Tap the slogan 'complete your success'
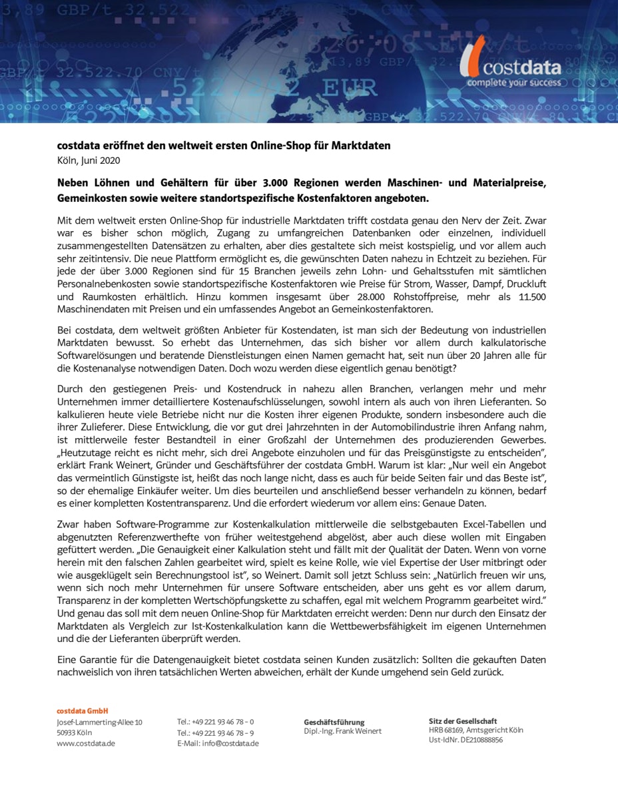(x=513, y=83)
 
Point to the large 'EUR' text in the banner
(x=351, y=88)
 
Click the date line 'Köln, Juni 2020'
(x=89, y=160)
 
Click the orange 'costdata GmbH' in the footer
(x=82, y=711)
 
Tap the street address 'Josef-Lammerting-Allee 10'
(x=99, y=722)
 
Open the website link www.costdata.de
(x=86, y=744)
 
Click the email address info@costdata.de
(x=230, y=744)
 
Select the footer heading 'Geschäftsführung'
(x=334, y=722)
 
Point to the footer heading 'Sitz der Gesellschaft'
(x=463, y=721)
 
